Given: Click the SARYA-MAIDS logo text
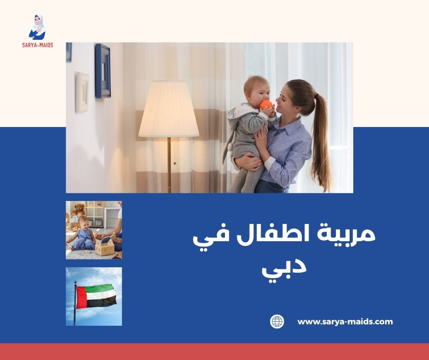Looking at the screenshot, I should (37, 45).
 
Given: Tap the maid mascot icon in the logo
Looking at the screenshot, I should (37, 27).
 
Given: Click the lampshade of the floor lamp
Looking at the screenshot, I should (169, 110).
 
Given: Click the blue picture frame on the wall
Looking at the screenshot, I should (103, 71).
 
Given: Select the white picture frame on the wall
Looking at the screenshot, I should (82, 91).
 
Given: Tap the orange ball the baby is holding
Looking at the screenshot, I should (266, 105).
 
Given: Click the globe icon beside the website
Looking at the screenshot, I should (277, 322).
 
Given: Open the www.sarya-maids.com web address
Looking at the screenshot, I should (345, 322).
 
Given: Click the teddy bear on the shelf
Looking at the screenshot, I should (79, 210).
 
